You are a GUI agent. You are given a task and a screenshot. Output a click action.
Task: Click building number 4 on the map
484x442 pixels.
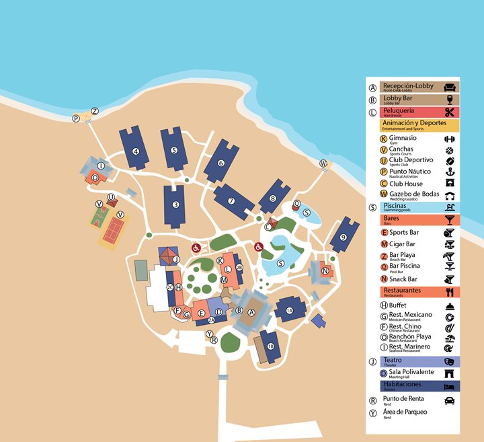[x=136, y=151]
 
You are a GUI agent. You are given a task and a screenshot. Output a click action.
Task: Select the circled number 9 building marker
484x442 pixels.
[x=343, y=237]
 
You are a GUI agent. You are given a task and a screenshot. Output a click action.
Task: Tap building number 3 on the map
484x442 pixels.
[x=175, y=205]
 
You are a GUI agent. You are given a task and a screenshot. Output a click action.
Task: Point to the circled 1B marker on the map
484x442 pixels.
[x=270, y=346]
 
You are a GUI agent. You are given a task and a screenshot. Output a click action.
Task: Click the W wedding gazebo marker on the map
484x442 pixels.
[x=323, y=163]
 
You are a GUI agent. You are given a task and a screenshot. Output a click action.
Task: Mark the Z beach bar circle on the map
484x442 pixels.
[x=94, y=111]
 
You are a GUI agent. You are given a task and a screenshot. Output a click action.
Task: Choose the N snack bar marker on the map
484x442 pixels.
[x=325, y=271]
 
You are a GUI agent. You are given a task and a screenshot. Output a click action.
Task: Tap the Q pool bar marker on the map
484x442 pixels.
[x=296, y=203]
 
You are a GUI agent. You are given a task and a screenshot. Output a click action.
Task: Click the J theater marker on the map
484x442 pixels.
[x=175, y=259]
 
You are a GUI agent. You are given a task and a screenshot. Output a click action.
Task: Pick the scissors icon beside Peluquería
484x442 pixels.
[x=450, y=112]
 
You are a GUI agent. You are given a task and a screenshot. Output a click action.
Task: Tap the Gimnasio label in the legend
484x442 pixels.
[x=399, y=139]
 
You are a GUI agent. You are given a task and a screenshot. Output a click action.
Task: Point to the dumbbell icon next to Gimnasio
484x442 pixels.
[x=450, y=139]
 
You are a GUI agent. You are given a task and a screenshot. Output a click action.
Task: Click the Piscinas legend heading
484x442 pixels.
[x=395, y=207]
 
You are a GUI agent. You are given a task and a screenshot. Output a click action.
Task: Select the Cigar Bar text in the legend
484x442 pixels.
[x=403, y=244]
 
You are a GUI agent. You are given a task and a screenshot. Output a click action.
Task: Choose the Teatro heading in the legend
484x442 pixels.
[x=394, y=361]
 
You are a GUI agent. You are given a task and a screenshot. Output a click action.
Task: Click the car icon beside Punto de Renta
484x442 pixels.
[x=450, y=400]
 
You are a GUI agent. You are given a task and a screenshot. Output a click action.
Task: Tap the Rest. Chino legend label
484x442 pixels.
[x=405, y=326]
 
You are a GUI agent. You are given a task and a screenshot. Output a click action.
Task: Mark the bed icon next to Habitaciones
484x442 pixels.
[x=450, y=386]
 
